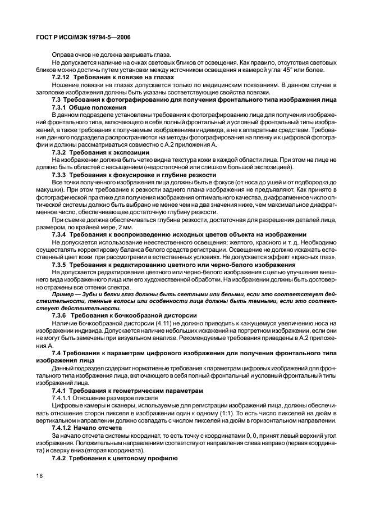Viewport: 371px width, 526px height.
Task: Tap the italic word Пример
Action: [62, 294]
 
